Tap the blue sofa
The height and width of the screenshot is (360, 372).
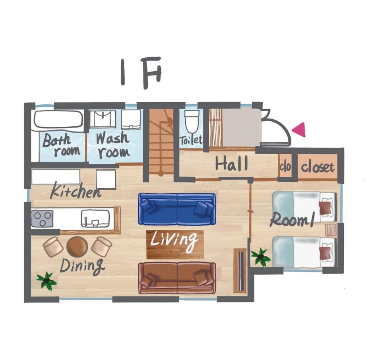point(177,209)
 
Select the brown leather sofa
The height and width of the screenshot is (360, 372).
point(177,278)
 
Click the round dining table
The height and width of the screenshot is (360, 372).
point(77,246)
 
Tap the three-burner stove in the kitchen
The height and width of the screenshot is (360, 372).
point(42,218)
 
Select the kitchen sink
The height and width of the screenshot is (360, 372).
point(95,218)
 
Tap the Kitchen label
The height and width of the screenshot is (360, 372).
point(76,191)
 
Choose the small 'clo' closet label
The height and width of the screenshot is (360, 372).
point(285,167)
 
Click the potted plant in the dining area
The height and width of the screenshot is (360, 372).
point(47,281)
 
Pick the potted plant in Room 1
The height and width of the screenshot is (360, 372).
point(261,257)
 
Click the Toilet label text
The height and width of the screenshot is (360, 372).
point(191,140)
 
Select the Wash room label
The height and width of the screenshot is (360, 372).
point(113,145)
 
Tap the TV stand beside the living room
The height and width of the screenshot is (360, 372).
point(240,271)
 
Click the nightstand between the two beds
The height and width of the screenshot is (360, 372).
point(331,230)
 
